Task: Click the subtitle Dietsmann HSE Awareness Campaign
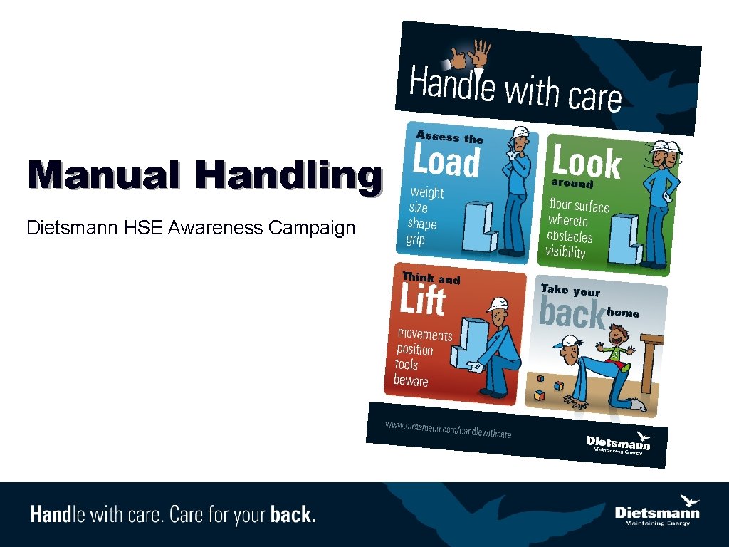tap(190, 228)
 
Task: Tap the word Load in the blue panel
tap(447, 162)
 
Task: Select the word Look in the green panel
tap(587, 162)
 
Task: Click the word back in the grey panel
tap(572, 313)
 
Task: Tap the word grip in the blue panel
tap(415, 239)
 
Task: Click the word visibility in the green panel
tap(565, 251)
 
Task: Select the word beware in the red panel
tap(411, 380)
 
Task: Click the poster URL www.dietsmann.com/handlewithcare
tap(449, 430)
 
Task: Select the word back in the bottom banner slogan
tap(293, 514)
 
